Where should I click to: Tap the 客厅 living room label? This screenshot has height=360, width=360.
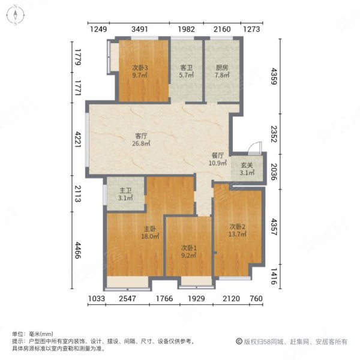tap(142, 136)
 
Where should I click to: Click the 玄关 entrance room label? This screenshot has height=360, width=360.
tap(245, 166)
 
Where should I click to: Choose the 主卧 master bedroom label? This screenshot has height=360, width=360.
tap(150, 228)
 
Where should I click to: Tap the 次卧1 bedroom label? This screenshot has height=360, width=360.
tap(190, 247)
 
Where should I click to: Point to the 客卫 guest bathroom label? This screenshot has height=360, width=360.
tap(186, 68)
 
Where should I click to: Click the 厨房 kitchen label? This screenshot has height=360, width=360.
tap(221, 68)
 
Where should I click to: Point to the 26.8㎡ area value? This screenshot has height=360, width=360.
tap(142, 143)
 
